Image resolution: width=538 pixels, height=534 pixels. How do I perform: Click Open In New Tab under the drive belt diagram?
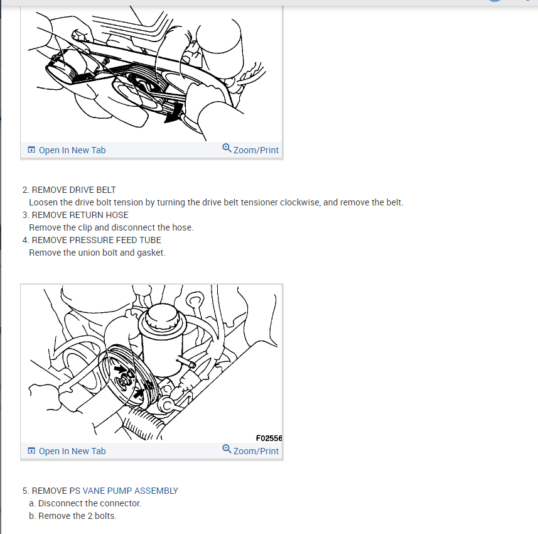72,150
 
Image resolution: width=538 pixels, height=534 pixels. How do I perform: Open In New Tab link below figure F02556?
72,451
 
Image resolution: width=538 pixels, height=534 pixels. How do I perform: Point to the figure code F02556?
269,438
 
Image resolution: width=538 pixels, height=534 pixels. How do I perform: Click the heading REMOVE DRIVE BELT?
73,190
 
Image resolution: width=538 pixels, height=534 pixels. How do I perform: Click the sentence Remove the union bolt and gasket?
97,253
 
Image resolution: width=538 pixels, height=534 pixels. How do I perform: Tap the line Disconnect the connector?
89,503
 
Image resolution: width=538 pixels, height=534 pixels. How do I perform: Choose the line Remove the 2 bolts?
77,516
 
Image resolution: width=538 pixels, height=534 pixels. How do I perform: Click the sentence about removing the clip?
111,227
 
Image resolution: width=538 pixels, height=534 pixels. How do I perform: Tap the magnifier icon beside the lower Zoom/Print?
227,449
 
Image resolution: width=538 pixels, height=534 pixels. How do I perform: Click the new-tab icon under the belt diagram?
31,150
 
